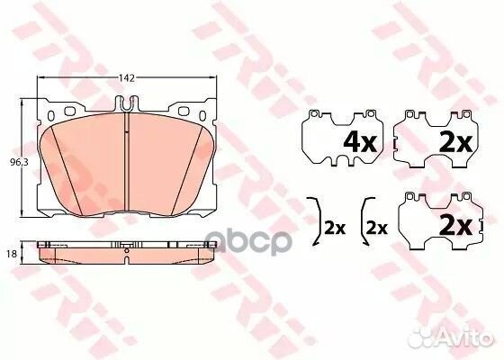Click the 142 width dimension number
127,78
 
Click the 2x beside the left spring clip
335,228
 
